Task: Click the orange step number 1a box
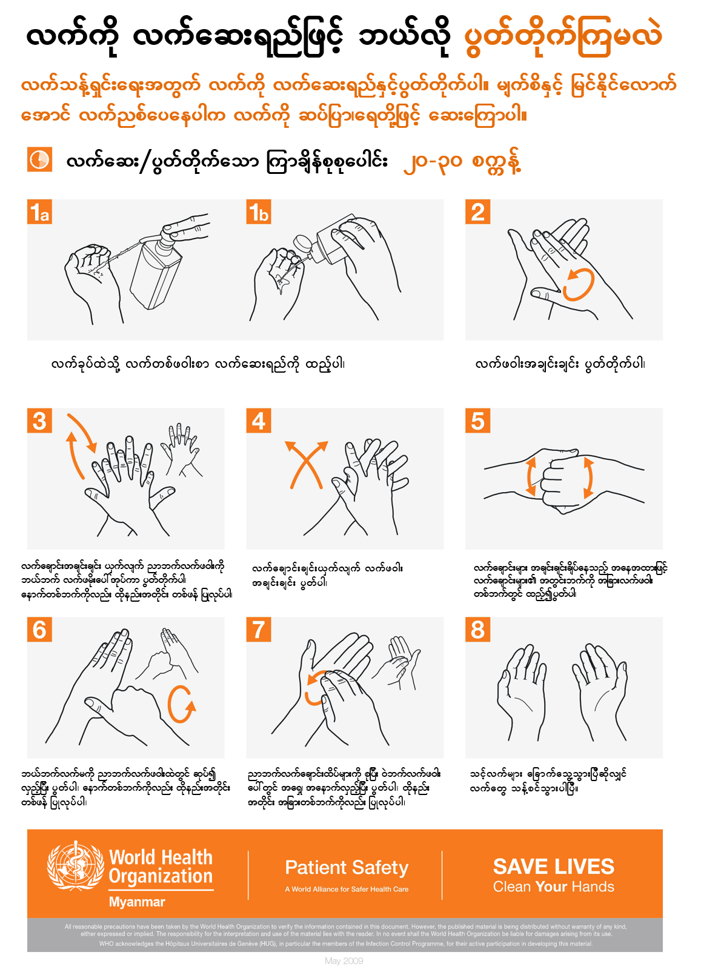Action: pos(39,212)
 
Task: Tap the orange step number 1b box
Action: pos(259,212)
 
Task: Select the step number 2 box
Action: pos(477,212)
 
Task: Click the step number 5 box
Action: pos(477,421)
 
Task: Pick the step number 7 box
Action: pos(259,629)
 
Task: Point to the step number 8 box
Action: pos(477,629)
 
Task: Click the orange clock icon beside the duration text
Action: pos(39,159)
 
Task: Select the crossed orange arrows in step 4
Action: pos(306,464)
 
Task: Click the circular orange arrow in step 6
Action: pos(181,704)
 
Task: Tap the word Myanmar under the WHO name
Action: pos(137,902)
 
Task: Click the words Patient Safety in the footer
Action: pos(347,868)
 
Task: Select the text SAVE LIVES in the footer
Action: pos(553,867)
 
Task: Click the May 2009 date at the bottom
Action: pos(344,961)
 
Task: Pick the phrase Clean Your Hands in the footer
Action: pos(553,887)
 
